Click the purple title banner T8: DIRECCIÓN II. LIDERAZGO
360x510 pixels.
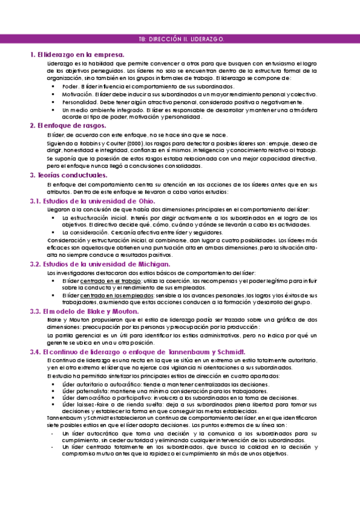[x=180, y=38]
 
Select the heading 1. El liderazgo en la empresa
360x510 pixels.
[x=77, y=55]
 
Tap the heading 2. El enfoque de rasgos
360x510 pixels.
[x=68, y=126]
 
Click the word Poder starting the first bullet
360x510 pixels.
[x=70, y=87]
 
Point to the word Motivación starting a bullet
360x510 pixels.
[x=77, y=94]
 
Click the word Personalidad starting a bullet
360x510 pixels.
[x=79, y=102]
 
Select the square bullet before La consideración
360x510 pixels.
[x=53, y=232]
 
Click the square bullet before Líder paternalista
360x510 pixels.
[x=53, y=391]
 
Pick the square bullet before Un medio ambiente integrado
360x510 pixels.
[x=53, y=110]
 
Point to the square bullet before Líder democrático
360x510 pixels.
[x=53, y=398]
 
